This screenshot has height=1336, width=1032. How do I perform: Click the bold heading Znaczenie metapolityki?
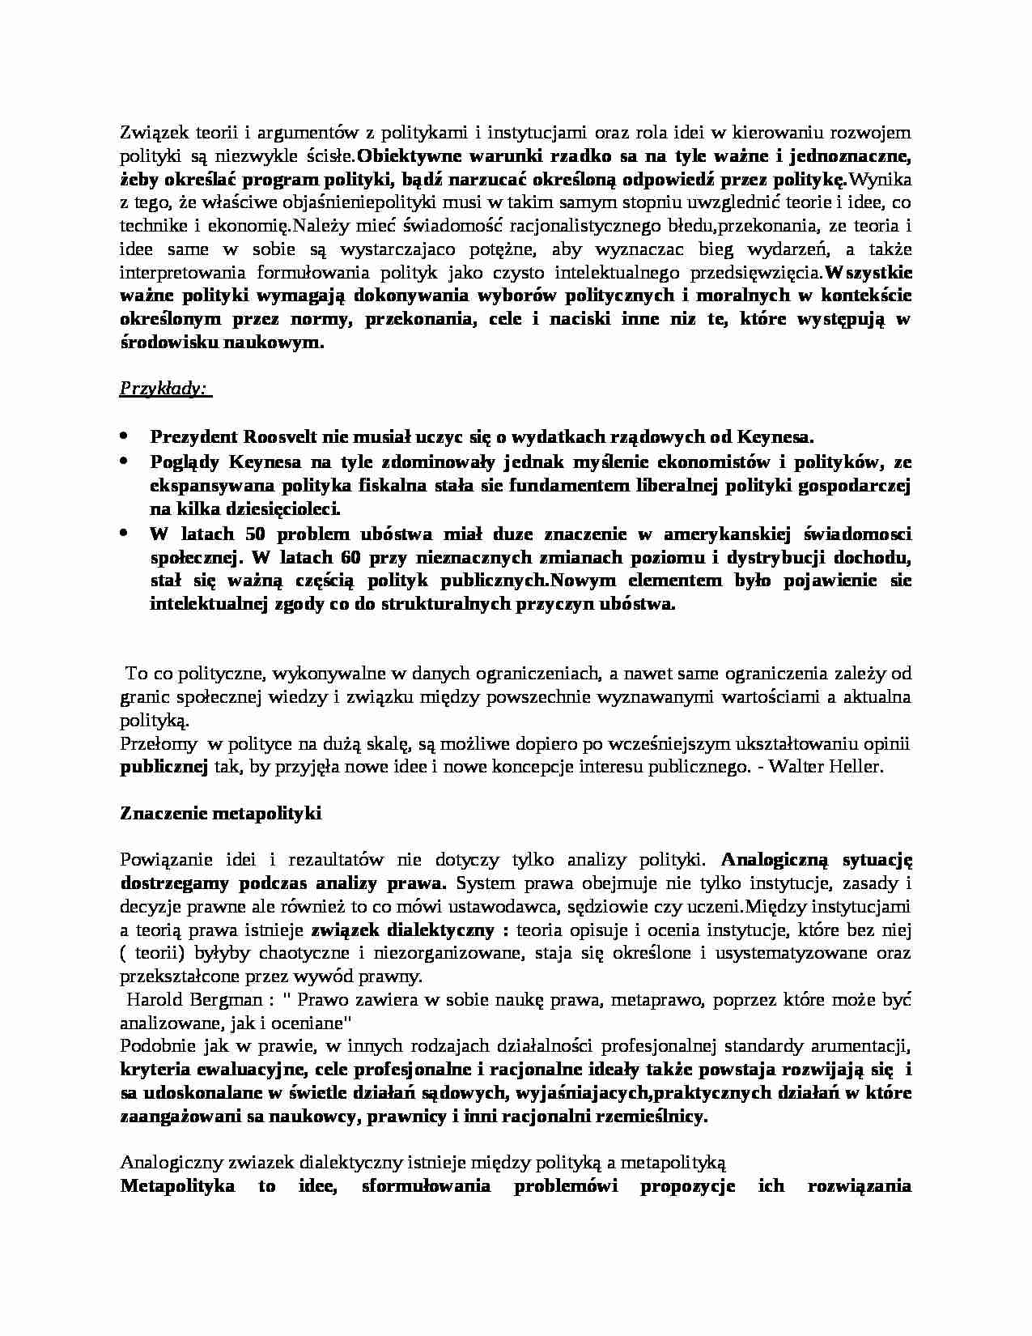220,813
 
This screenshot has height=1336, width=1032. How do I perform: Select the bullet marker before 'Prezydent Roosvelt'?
124,436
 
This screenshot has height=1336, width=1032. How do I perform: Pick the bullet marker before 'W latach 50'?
124,533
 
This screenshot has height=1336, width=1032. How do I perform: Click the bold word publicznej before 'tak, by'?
164,766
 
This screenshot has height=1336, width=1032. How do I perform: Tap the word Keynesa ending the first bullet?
775,437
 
